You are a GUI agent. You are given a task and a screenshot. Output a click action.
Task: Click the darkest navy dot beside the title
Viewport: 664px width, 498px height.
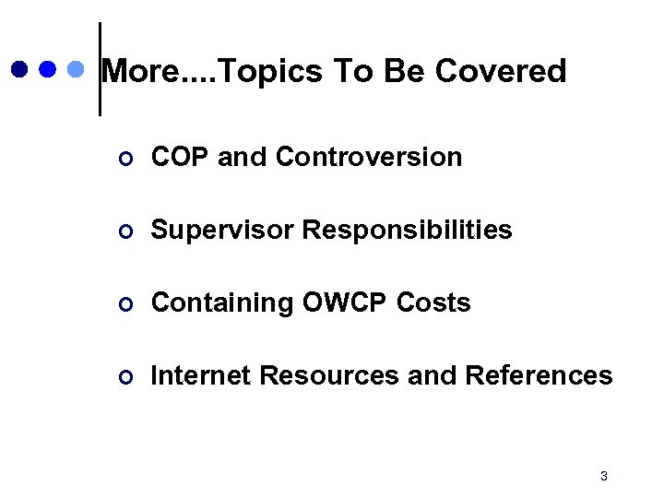click(20, 69)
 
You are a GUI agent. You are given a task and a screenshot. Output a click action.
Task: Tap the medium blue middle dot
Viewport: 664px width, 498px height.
click(48, 69)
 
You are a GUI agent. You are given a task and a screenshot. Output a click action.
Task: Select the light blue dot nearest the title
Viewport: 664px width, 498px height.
click(77, 69)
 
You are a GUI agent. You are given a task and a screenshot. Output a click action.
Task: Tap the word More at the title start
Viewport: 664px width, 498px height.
click(139, 71)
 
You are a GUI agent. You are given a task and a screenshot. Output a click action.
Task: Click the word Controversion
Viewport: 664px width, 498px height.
click(369, 157)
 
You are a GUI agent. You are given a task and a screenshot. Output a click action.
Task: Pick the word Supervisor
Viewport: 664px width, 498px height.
click(222, 230)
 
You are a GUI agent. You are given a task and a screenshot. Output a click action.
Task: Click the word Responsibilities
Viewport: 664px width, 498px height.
click(408, 230)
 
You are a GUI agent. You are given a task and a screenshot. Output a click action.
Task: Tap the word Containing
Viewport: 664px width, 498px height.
click(220, 302)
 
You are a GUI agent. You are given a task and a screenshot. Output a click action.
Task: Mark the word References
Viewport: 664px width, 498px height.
click(539, 375)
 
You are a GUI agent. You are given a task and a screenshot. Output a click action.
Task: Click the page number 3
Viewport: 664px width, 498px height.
click(603, 477)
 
